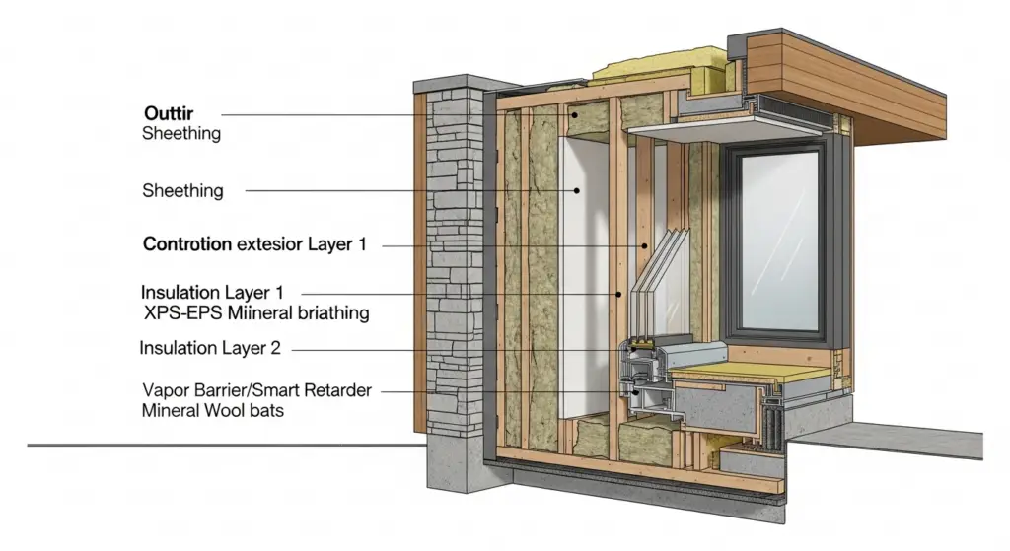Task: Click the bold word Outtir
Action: [169, 113]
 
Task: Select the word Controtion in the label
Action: [186, 244]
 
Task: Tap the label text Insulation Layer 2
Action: [210, 348]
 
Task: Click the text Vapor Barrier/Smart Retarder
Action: [257, 390]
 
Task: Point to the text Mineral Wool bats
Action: [213, 411]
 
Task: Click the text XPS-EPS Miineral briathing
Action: [256, 313]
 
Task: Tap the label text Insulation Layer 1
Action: [212, 292]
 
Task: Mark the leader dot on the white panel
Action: [577, 190]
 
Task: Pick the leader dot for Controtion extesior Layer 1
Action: [644, 245]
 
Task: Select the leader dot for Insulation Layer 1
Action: [618, 294]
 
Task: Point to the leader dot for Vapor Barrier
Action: [636, 391]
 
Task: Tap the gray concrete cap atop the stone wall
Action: [467, 83]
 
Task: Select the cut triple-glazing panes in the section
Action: [661, 270]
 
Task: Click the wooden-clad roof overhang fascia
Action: [844, 90]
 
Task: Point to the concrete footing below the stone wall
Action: [456, 464]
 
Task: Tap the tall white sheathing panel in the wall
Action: [584, 277]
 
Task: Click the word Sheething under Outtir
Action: [181, 134]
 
